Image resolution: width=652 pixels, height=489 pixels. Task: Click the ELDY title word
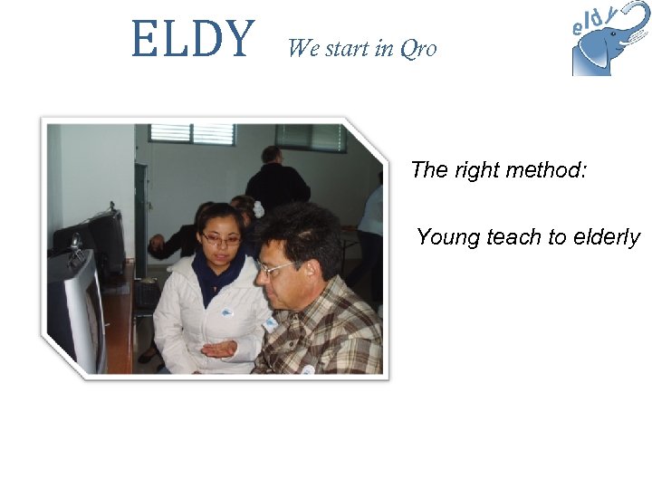[x=193, y=40]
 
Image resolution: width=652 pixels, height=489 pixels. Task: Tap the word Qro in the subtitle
[x=417, y=49]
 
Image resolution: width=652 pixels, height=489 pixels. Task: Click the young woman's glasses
[x=221, y=240]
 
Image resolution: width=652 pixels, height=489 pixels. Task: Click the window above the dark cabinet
[x=192, y=134]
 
